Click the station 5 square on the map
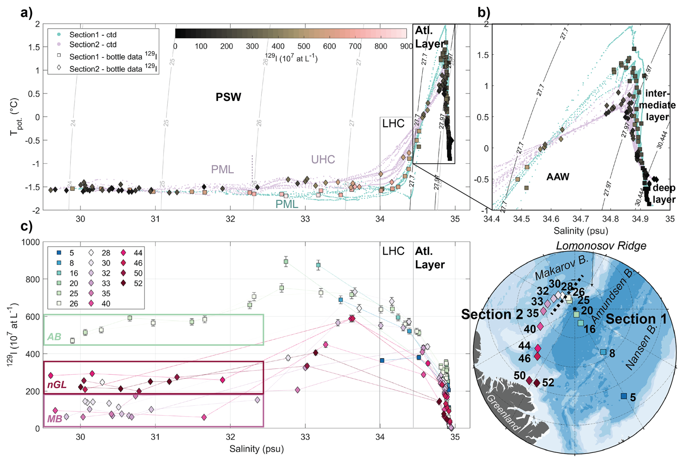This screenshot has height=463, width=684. click(x=624, y=396)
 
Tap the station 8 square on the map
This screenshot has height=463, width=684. click(x=603, y=352)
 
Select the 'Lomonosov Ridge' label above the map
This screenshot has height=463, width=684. click(x=601, y=246)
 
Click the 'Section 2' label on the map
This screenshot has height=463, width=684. click(x=492, y=314)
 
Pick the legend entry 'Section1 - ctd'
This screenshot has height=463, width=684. click(x=93, y=35)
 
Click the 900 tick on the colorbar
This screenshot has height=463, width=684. click(x=406, y=46)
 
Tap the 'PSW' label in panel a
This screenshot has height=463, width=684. click(x=228, y=97)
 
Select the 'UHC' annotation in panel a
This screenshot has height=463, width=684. click(x=323, y=159)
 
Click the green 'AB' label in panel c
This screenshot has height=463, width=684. click(x=55, y=337)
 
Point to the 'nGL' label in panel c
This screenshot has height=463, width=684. click(x=57, y=385)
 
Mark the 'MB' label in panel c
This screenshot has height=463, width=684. click(x=55, y=419)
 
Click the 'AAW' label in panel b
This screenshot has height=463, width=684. click(x=558, y=177)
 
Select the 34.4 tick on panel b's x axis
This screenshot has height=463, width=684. click(x=492, y=219)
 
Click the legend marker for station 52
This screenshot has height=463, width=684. click(x=124, y=283)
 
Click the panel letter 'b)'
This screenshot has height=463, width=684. click(x=484, y=13)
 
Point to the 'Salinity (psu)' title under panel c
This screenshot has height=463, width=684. click(x=256, y=449)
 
